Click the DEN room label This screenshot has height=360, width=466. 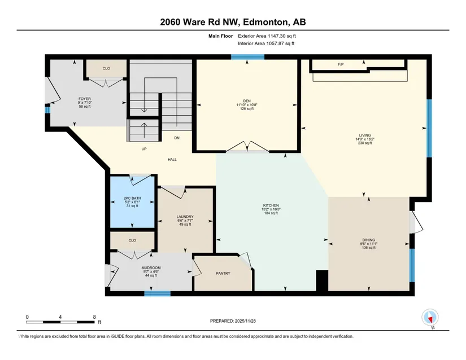pyautogui.click(x=247, y=101)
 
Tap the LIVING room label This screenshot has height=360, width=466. pyautogui.click(x=365, y=135)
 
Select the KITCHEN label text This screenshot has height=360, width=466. pyautogui.click(x=271, y=205)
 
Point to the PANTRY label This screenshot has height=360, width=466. pyautogui.click(x=223, y=273)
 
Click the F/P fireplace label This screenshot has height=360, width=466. pyautogui.click(x=341, y=64)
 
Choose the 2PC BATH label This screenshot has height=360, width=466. pyautogui.click(x=132, y=198)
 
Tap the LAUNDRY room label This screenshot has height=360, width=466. pyautogui.click(x=185, y=217)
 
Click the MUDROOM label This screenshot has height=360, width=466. pyautogui.click(x=151, y=267)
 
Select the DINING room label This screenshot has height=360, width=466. pyautogui.click(x=368, y=240)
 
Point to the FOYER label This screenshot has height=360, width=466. pyautogui.click(x=85, y=99)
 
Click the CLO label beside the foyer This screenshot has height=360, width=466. pyautogui.click(x=106, y=68)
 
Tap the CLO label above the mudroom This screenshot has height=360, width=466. pyautogui.click(x=132, y=240)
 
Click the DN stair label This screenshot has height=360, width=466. pyautogui.click(x=177, y=138)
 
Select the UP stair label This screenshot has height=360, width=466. pyautogui.click(x=144, y=149)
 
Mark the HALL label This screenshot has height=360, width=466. pyautogui.click(x=172, y=159)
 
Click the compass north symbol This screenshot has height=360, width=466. pyautogui.click(x=430, y=318)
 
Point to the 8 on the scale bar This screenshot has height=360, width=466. pyautogui.click(x=94, y=317)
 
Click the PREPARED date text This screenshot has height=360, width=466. pyautogui.click(x=233, y=321)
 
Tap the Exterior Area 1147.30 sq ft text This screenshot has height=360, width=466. pyautogui.click(x=267, y=36)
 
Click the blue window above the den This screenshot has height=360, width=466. pyautogui.click(x=248, y=57)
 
